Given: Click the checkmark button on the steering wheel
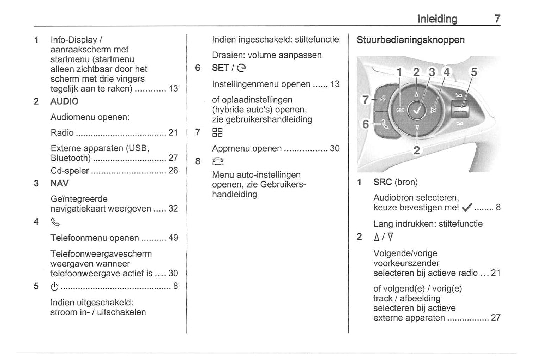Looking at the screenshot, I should coord(417,109).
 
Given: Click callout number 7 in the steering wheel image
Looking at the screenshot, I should coord(365,100).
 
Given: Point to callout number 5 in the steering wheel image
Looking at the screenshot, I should coord(473,73).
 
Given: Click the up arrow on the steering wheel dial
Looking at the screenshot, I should coord(417,93).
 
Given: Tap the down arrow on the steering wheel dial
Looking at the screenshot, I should coord(417,128).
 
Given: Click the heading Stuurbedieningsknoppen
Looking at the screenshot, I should coord(410,40).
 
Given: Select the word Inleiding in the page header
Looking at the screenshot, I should coord(437,19).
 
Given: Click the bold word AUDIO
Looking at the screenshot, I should coord(64,101).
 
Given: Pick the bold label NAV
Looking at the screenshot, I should coord(59,183).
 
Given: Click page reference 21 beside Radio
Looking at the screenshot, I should coord(173,133).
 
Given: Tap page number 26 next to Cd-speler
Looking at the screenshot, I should coord(173,171).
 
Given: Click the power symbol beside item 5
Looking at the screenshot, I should coord(55,287).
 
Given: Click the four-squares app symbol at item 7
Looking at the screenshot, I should coord(216,133).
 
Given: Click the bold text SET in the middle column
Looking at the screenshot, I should coord(220,68).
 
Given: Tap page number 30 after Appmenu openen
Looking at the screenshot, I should coord(335,149).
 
